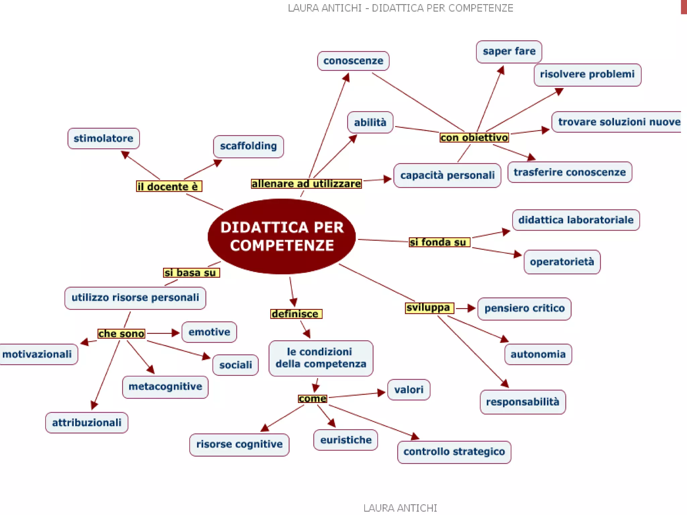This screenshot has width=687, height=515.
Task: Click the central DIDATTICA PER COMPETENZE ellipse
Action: point(281,236)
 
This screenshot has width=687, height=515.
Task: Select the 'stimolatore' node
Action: point(103,138)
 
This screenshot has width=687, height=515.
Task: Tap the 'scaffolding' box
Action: point(248,146)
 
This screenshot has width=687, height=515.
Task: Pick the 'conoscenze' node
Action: point(353,61)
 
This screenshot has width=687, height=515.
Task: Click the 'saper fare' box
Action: point(509,52)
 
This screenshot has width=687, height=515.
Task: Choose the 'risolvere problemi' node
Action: point(587,74)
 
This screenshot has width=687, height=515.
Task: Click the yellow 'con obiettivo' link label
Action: point(474,137)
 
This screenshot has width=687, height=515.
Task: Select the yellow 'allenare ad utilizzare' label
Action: point(306,184)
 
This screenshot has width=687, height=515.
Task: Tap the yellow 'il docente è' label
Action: point(169,186)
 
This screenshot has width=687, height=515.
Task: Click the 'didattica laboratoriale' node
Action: point(576,220)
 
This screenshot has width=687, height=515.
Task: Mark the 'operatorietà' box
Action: point(562,262)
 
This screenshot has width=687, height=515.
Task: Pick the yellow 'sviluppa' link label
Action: point(429,308)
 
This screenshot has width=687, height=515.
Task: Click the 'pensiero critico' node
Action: point(524,308)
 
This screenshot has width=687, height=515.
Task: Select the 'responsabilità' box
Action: point(523,402)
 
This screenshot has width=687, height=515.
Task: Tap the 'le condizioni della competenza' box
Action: point(321,358)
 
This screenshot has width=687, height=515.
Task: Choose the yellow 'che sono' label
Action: point(121,334)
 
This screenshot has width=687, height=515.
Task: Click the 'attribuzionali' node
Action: point(87,422)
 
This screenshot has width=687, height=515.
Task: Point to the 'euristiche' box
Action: point(346,440)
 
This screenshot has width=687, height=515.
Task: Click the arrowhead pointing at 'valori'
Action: point(381,393)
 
